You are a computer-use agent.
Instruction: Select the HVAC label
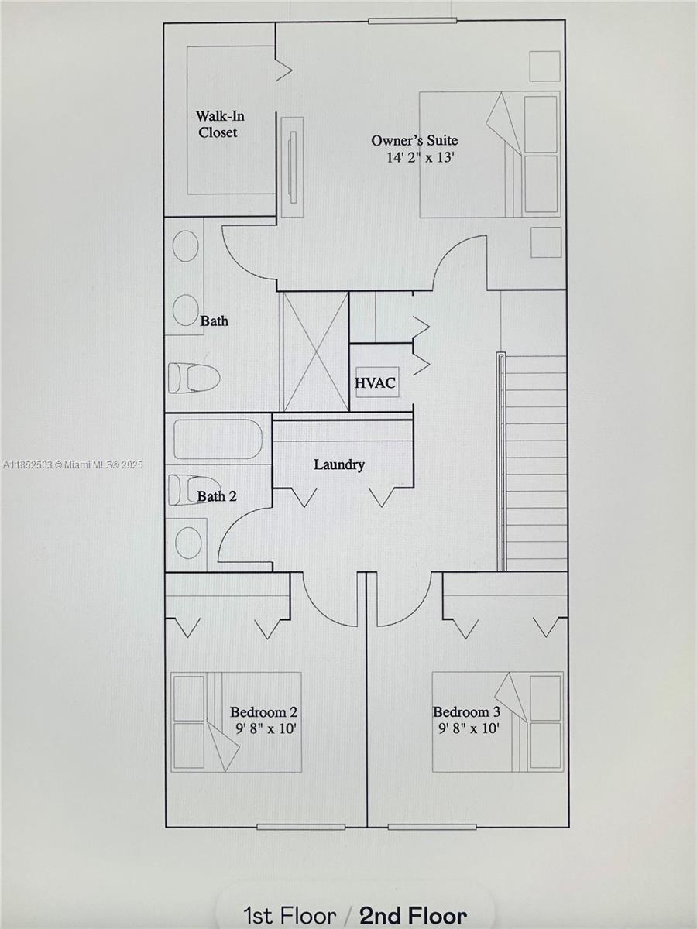point(376,382)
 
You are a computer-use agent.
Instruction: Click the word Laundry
point(338,464)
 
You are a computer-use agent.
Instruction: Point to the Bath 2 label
point(217,496)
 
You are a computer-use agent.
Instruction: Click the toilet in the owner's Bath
point(194,378)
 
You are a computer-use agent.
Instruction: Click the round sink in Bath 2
point(188,542)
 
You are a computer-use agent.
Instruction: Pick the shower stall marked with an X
point(314,351)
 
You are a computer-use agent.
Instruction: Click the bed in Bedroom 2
point(235,722)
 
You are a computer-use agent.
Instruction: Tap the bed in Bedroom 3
point(497,722)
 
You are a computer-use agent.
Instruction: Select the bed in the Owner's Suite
point(489,155)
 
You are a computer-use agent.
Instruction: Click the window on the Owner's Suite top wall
point(407,21)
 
